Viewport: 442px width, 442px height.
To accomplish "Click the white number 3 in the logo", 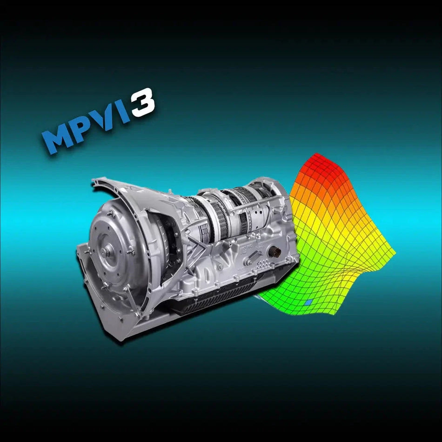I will click(x=142, y=103).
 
